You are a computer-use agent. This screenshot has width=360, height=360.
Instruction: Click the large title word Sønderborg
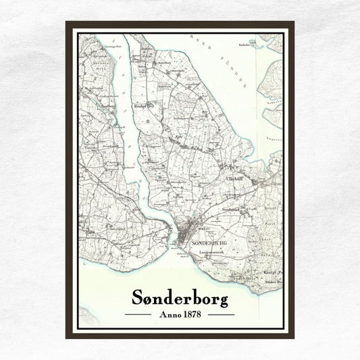click(179, 298)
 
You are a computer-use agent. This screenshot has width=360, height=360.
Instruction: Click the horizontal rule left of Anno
click(138, 314)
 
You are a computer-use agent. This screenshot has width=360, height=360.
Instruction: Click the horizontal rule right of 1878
click(221, 314)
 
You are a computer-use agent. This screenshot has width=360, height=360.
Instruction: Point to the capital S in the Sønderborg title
click(137, 298)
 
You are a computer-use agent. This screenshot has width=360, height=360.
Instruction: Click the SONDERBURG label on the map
click(206, 241)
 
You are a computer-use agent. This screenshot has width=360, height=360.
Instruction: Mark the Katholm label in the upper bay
click(245, 45)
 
